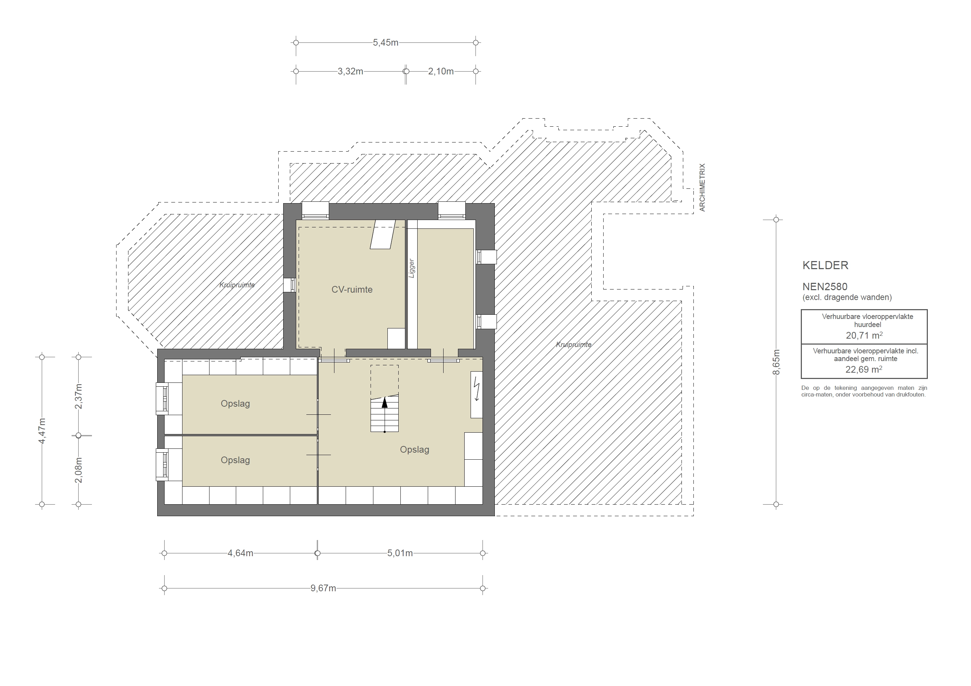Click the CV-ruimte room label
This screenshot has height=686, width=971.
click(x=352, y=290)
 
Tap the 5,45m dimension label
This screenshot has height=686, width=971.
click(x=385, y=43)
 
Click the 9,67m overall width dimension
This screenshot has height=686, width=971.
click(x=323, y=588)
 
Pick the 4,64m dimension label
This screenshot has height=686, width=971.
click(x=240, y=553)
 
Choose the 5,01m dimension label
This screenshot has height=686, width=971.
click(x=400, y=553)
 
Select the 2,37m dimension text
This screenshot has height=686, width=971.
click(x=79, y=396)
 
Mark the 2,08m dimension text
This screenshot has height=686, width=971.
click(x=79, y=470)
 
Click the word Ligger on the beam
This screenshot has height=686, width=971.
click(x=412, y=268)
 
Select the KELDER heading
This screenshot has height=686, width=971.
click(x=825, y=266)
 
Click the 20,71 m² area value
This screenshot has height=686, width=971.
click(x=864, y=335)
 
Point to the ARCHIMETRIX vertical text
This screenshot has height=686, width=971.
click(x=702, y=187)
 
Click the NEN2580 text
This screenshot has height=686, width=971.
click(x=825, y=287)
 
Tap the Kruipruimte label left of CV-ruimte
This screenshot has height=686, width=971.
click(x=237, y=285)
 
